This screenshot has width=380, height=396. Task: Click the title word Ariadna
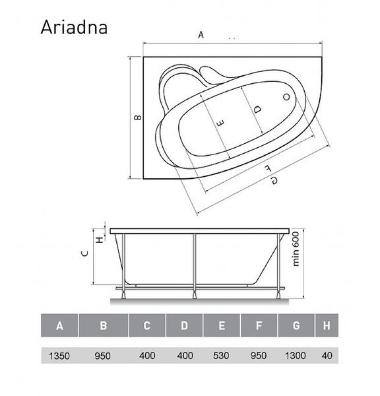74,27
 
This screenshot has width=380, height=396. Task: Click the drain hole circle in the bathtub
286,97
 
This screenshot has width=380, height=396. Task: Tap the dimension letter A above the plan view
201,34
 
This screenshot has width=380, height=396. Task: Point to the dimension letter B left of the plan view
138,117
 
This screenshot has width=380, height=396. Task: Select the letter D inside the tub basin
257,110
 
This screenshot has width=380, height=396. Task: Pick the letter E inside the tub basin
220,123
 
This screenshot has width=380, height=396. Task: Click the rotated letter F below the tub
268,168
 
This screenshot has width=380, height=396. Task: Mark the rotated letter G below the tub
274,180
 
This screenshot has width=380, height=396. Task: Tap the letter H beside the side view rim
100,240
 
